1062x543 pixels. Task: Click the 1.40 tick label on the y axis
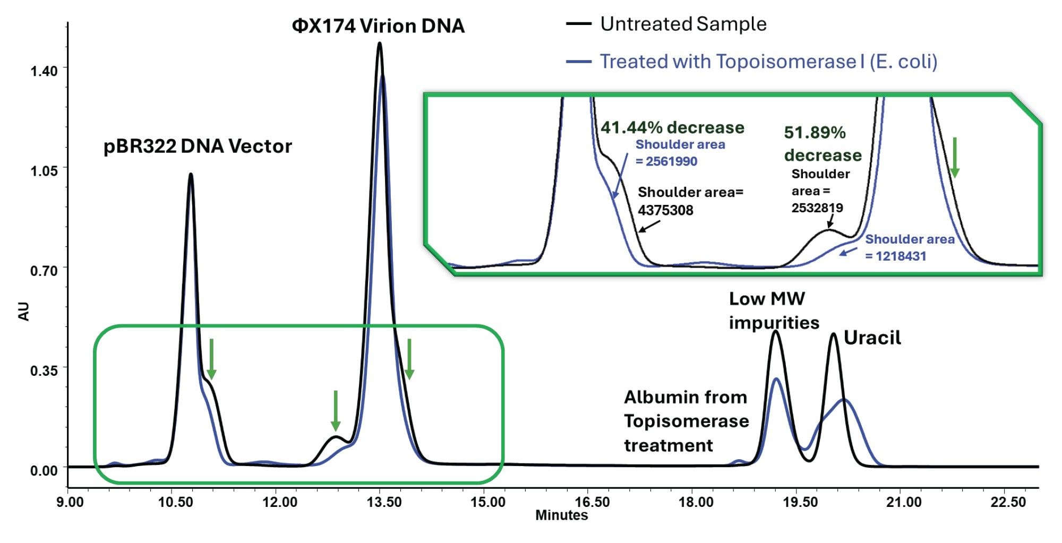[44, 71]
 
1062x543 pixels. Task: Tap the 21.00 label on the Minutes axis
[904, 502]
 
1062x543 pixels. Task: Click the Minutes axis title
[561, 515]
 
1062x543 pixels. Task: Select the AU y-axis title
[24, 312]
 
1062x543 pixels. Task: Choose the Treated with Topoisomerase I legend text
[768, 62]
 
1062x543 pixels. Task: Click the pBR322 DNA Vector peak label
[198, 146]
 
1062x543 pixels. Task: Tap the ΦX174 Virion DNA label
[378, 26]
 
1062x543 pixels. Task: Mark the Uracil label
[872, 338]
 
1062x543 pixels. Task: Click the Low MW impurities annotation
[773, 311]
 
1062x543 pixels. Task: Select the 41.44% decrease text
[672, 127]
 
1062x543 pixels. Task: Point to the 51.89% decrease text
[822, 144]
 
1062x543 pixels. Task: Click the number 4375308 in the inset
[665, 211]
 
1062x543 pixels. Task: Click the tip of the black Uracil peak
[833, 334]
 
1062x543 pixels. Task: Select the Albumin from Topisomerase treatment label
[686, 421]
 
